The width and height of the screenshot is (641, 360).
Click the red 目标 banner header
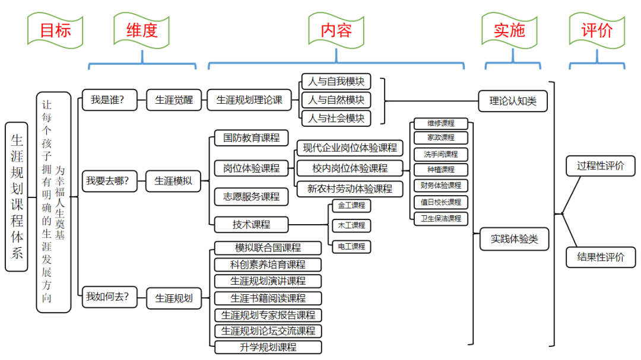(55, 30)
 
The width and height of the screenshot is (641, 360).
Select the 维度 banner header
(142, 30)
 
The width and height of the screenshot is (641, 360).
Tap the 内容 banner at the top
(336, 30)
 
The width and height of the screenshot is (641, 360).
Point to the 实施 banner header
(510, 30)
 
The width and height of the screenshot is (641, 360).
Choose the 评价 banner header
(596, 30)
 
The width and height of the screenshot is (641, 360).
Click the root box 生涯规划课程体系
(17, 197)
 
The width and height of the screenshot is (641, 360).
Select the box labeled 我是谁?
(107, 100)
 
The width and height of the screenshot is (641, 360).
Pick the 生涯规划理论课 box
(249, 100)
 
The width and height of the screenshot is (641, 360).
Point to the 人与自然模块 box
(336, 100)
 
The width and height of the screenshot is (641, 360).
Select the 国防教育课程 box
(251, 138)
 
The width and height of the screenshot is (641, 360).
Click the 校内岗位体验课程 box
(350, 168)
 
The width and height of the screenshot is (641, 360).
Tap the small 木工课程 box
(351, 225)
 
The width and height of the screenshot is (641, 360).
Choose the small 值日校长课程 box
(441, 202)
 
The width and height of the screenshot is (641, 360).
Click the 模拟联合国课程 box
(268, 248)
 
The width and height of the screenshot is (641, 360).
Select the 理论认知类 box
(513, 101)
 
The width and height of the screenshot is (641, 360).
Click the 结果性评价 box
(601, 257)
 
